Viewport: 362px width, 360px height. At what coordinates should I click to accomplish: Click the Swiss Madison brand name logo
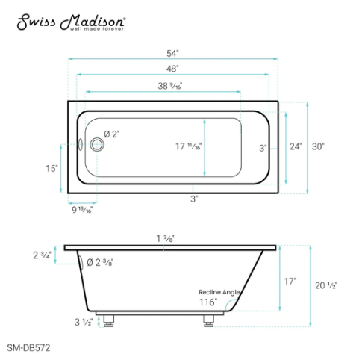(x=71, y=22)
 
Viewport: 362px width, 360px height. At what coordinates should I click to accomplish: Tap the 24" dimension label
(x=296, y=147)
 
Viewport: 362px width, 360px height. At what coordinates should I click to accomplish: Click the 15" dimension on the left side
(x=51, y=169)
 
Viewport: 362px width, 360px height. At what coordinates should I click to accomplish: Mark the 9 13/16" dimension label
(x=80, y=210)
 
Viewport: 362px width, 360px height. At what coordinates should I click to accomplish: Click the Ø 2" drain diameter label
(x=111, y=134)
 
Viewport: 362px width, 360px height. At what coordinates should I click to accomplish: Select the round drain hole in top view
(x=95, y=144)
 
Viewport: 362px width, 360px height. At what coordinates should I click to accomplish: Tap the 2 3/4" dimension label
(x=42, y=255)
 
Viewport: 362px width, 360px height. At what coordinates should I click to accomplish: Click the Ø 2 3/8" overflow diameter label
(x=100, y=262)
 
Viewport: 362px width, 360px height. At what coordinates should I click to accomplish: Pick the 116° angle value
(x=208, y=302)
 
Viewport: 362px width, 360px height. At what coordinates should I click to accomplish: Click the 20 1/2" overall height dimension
(x=326, y=285)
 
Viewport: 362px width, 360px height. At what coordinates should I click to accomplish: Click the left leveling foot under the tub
(x=110, y=322)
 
